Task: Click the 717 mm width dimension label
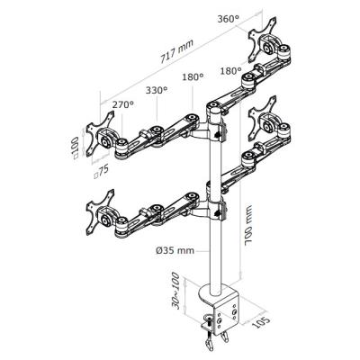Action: [177, 51]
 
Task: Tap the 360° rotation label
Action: [229, 19]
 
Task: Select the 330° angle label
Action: [157, 90]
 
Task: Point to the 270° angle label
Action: [123, 104]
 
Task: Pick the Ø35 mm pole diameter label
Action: [175, 250]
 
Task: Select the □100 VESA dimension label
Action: [75, 147]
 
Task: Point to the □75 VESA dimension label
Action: [101, 172]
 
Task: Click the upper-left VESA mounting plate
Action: [101, 133]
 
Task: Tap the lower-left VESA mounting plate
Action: [101, 212]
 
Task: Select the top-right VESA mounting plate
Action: [263, 40]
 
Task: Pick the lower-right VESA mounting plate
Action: [263, 118]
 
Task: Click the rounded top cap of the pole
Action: [215, 112]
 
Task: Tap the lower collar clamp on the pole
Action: [217, 211]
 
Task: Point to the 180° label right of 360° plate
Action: [230, 71]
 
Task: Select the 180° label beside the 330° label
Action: [193, 77]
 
